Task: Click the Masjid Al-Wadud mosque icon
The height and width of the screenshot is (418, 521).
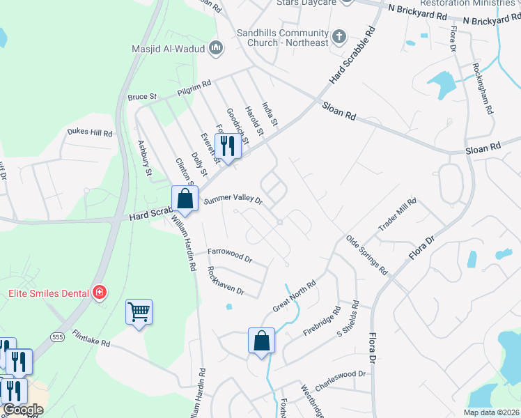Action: pyautogui.click(x=216, y=48)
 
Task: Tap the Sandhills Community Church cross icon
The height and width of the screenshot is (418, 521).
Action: pyautogui.click(x=339, y=36)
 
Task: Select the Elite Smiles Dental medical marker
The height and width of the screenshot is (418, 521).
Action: pyautogui.click(x=100, y=292)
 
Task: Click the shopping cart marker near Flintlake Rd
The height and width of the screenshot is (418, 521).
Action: pyautogui.click(x=139, y=312)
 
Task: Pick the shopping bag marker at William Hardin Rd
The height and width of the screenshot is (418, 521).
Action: pyautogui.click(x=185, y=199)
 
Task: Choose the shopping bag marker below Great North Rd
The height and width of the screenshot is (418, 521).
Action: pyautogui.click(x=262, y=341)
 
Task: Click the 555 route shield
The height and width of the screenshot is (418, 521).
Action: pyautogui.click(x=57, y=337)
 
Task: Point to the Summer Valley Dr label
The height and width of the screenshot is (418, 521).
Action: pyautogui.click(x=233, y=200)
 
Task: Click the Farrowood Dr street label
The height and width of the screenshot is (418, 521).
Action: pyautogui.click(x=229, y=254)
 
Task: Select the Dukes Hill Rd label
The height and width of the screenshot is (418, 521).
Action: pyautogui.click(x=89, y=132)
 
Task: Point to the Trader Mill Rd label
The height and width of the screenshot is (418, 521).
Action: pyautogui.click(x=396, y=215)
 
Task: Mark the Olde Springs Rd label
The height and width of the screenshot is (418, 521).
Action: pyautogui.click(x=367, y=255)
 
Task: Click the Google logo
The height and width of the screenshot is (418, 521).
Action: pyautogui.click(x=23, y=410)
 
